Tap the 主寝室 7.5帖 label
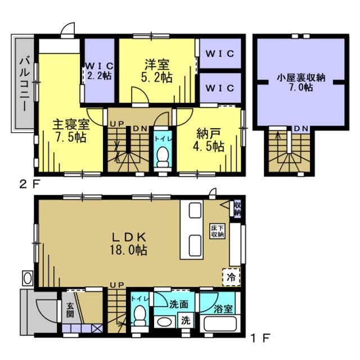tap(70, 130)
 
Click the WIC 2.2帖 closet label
tap(98, 71)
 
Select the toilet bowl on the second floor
tap(163, 156)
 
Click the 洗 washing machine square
tap(185, 322)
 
